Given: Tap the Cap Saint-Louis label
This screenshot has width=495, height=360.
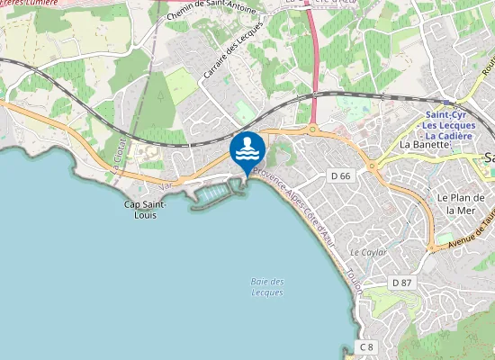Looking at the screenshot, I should point(145,210).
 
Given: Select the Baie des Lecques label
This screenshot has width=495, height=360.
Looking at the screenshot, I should point(267,287).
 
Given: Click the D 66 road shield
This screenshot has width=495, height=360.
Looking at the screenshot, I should point(340,175).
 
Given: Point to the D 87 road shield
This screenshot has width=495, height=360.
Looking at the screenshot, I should point(401,283).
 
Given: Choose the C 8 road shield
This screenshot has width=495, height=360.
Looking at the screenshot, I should point(365,346).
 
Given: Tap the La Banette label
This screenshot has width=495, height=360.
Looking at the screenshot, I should point(424,144).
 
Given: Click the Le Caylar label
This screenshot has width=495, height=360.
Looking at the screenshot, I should point(367,253).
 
